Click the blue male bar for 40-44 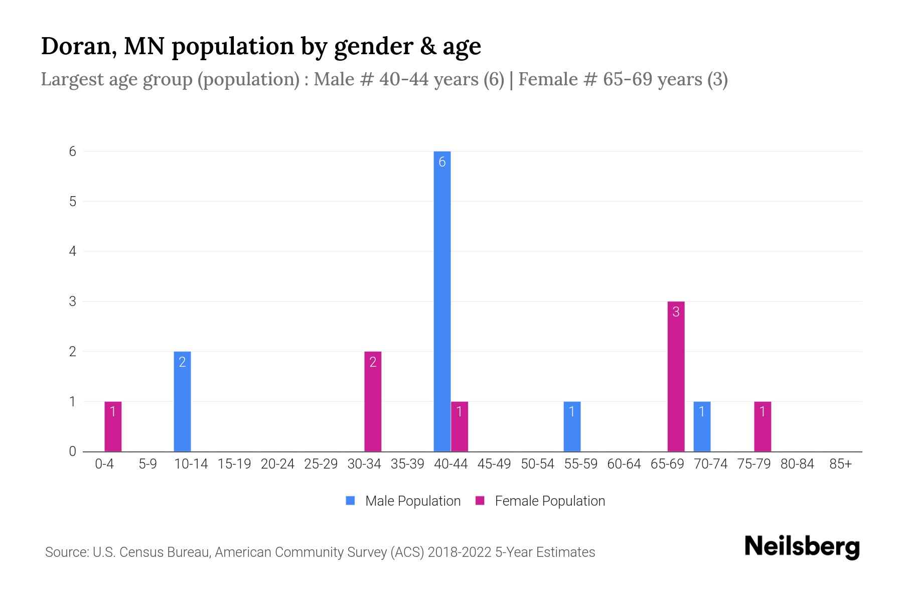pyautogui.click(x=442, y=301)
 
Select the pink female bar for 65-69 pyautogui.click(x=676, y=376)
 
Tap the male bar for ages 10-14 pyautogui.click(x=182, y=401)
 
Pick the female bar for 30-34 pyautogui.click(x=373, y=401)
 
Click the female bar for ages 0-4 pyautogui.click(x=113, y=426)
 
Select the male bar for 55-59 pyautogui.click(x=572, y=426)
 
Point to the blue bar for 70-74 pyautogui.click(x=702, y=426)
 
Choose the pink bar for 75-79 pyautogui.click(x=762, y=426)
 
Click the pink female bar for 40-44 pyautogui.click(x=459, y=426)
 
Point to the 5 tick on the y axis pyautogui.click(x=73, y=201)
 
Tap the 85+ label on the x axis pyautogui.click(x=840, y=464)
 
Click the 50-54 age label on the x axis pyautogui.click(x=537, y=464)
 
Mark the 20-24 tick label pyautogui.click(x=277, y=464)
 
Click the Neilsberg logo pyautogui.click(x=802, y=546)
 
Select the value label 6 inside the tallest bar pyautogui.click(x=442, y=162)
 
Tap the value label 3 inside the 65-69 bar pyautogui.click(x=676, y=312)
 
